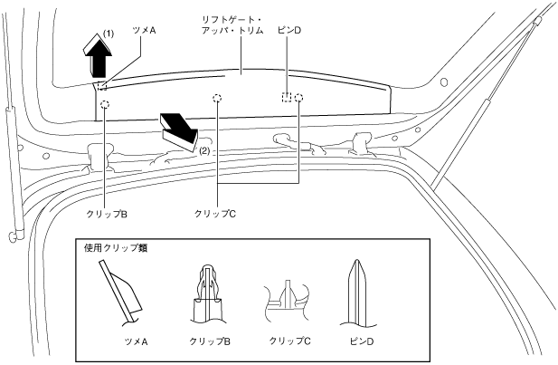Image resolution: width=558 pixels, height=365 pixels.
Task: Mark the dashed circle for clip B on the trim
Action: pyautogui.click(x=105, y=105)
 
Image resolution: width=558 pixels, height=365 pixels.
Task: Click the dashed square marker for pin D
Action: pyautogui.click(x=286, y=97)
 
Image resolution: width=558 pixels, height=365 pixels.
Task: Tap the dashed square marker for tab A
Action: pyautogui.click(x=102, y=87)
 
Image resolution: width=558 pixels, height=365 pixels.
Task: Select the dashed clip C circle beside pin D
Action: pyautogui.click(x=298, y=97)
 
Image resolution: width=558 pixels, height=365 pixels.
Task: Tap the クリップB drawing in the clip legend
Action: pyautogui.click(x=208, y=290)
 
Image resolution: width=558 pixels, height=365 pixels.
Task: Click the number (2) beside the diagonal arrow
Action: pyautogui.click(x=204, y=150)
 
